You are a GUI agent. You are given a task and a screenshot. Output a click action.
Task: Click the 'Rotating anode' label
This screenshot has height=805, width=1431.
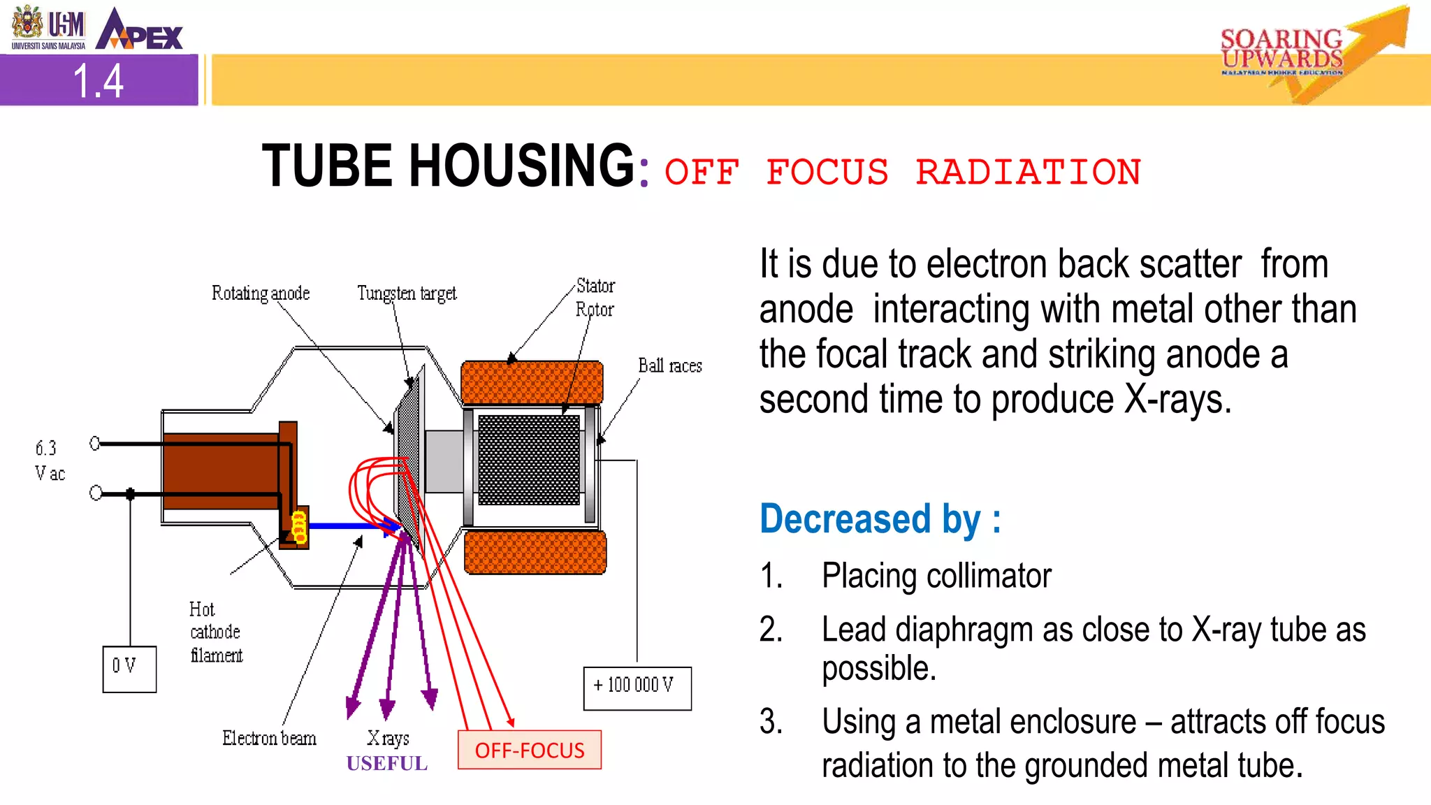tap(261, 293)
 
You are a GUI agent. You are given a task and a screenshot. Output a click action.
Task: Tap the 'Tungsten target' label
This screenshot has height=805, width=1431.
tap(407, 293)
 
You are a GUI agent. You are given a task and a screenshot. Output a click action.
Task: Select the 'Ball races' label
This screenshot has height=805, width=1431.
tap(669, 365)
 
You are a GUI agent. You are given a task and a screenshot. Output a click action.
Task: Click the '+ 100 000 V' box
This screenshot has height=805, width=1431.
tap(637, 688)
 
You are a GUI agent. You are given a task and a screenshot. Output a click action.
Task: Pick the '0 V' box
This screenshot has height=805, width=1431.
tap(129, 669)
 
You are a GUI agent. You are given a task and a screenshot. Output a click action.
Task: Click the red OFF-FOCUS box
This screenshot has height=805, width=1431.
tap(530, 750)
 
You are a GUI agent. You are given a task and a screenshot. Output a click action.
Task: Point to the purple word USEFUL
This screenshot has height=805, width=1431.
tap(387, 763)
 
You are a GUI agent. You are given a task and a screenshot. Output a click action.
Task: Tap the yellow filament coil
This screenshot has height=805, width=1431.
tap(299, 526)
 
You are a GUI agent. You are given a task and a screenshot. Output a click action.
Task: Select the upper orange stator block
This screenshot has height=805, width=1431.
tap(532, 382)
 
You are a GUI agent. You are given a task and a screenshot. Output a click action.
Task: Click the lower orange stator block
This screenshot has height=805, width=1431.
tap(535, 552)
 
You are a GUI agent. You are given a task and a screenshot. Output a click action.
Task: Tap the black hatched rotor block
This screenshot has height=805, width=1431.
tap(529, 460)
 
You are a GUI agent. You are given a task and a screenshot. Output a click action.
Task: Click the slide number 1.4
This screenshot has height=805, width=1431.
tap(99, 81)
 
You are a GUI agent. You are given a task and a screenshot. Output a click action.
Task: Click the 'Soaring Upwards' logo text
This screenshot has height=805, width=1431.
tap(1281, 49)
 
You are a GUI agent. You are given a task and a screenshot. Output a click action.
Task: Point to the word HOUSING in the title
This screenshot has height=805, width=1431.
tap(521, 166)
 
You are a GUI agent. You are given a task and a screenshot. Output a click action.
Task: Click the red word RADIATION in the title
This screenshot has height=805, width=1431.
tap(1028, 172)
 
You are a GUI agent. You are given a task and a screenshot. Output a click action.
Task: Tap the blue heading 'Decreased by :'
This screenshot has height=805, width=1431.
tap(880, 519)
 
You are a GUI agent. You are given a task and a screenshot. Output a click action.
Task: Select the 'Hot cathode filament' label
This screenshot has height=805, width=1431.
tap(215, 632)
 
